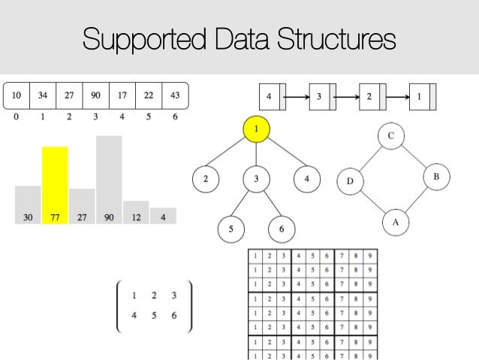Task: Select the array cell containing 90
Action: [95, 96]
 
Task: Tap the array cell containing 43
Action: [173, 96]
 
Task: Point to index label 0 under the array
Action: [16, 118]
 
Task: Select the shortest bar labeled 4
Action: [163, 216]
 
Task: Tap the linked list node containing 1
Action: [419, 97]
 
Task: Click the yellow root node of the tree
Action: [256, 130]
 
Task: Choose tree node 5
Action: [231, 228]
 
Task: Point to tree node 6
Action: [281, 228]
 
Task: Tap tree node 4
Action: [306, 179]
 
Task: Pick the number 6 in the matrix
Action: [174, 316]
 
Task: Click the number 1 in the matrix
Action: [134, 295]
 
